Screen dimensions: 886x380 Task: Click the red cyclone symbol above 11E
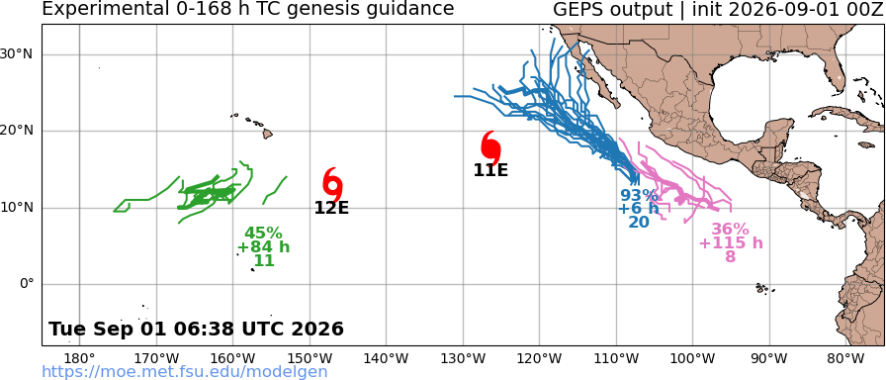pos(491,147)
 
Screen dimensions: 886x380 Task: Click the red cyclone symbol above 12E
pos(333,184)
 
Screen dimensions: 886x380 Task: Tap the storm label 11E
pos(491,169)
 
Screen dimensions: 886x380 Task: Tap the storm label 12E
pos(331,208)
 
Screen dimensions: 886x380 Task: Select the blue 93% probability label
pos(639,196)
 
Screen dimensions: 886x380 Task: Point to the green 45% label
pos(263,233)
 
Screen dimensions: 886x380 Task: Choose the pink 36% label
pos(730,230)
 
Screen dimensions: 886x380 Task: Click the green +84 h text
pos(263,247)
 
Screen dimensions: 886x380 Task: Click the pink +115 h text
pos(731,243)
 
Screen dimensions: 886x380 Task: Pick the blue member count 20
pos(639,223)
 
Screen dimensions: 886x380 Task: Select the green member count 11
pos(264,260)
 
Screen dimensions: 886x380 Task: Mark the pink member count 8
pos(731,256)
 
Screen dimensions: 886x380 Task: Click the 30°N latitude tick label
pos(17,54)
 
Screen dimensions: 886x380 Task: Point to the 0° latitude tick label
pos(27,284)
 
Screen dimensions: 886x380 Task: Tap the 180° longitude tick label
pos(80,358)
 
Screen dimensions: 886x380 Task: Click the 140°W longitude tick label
pos(387,358)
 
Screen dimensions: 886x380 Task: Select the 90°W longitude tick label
pos(769,358)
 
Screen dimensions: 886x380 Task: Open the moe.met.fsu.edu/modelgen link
pos(185,371)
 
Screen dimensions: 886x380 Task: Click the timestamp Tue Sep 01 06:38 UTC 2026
pos(196,329)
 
